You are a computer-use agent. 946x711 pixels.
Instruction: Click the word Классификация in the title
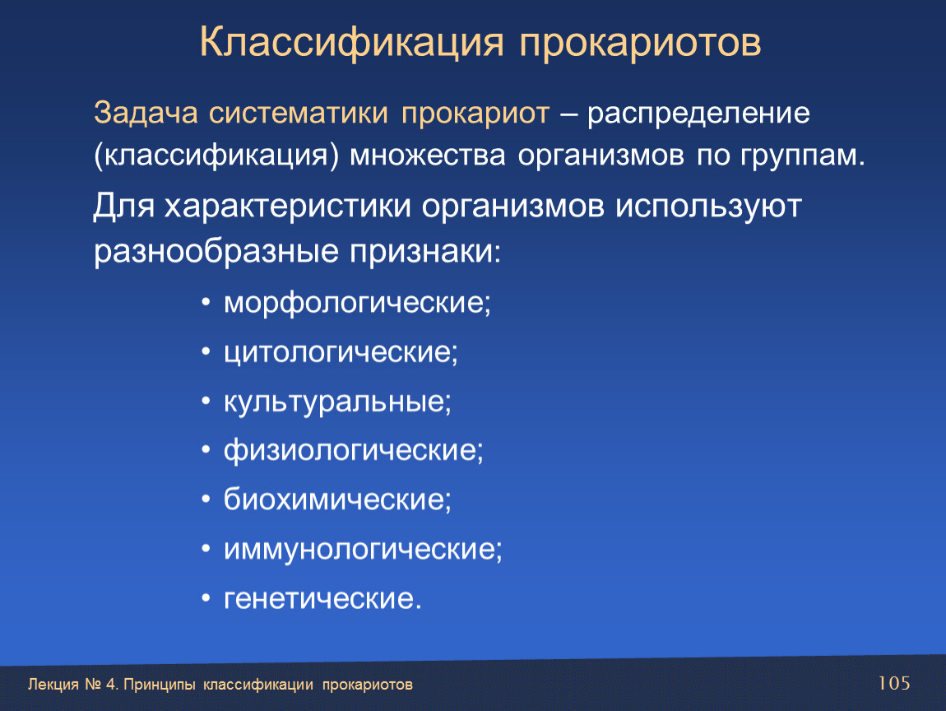tap(351, 42)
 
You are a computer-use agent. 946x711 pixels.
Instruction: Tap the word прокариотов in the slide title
tap(640, 44)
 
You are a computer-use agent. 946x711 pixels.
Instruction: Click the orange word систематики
tap(299, 113)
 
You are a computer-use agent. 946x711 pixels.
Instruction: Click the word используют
tap(708, 207)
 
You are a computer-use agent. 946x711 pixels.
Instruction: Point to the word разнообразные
tap(216, 251)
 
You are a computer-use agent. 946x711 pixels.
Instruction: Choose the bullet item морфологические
tap(357, 303)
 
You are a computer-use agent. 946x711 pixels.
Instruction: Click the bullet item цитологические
tap(341, 353)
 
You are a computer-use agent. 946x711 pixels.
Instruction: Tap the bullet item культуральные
tap(337, 402)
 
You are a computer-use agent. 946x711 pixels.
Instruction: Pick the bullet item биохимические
tap(337, 500)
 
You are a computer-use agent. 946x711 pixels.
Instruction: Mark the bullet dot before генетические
tap(206, 599)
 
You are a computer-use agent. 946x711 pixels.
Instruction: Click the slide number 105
tap(893, 683)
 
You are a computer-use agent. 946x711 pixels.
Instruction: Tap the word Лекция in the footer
tap(53, 685)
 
